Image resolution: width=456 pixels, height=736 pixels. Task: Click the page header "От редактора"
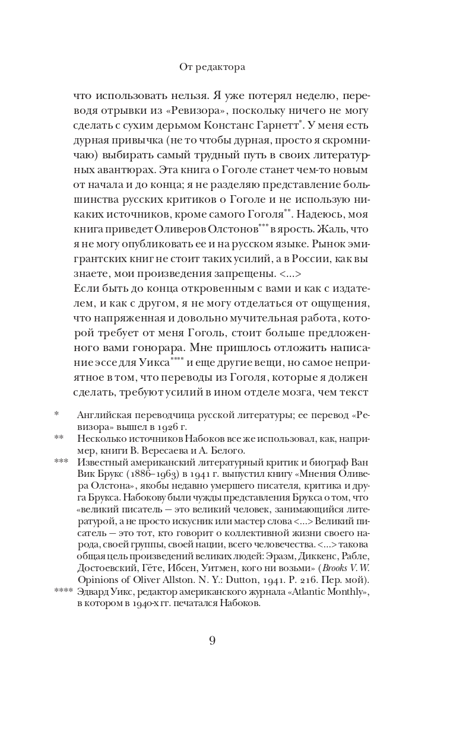coord(212,68)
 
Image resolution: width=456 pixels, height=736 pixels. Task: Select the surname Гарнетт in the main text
coord(277,126)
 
